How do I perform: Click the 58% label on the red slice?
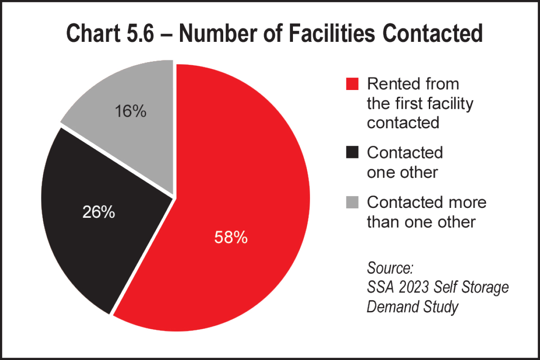pyautogui.click(x=231, y=238)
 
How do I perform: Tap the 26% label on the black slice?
pyautogui.click(x=99, y=212)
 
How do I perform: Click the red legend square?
pyautogui.click(x=352, y=84)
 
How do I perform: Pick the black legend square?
pyautogui.click(x=352, y=153)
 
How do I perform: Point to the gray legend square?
pyautogui.click(x=352, y=202)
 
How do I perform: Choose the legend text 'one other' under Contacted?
pyautogui.click(x=402, y=172)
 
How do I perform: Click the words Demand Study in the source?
pyautogui.click(x=413, y=306)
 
